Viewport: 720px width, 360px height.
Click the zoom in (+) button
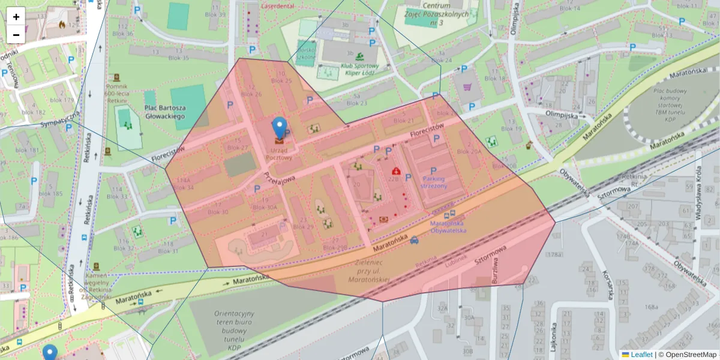[x=16, y=17]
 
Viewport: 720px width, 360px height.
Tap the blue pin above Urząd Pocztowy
[x=279, y=127]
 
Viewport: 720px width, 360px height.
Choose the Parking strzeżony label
[x=433, y=182]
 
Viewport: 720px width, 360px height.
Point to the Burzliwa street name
[x=495, y=271]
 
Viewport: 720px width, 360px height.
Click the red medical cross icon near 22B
[x=396, y=170]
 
